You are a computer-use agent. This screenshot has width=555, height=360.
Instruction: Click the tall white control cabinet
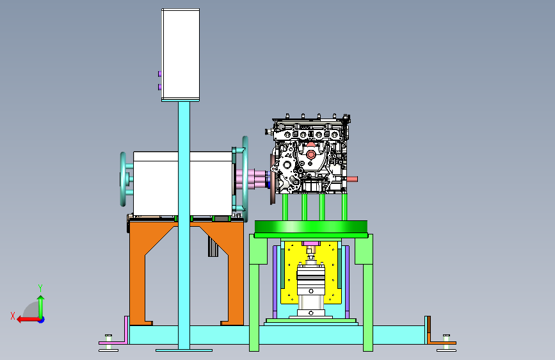[181, 54]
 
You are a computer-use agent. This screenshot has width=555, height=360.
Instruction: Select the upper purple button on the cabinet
[160, 74]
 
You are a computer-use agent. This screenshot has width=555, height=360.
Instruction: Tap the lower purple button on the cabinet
[160, 87]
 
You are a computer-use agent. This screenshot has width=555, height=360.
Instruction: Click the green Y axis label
[40, 288]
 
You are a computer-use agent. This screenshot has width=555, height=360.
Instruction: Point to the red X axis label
[13, 316]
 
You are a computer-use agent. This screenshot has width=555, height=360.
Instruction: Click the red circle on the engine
[311, 154]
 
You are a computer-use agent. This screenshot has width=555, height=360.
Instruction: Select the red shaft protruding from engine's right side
[352, 179]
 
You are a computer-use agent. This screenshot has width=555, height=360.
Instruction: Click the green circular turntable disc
[311, 226]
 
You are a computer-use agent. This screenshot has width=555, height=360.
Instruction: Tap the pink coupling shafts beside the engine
[252, 179]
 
